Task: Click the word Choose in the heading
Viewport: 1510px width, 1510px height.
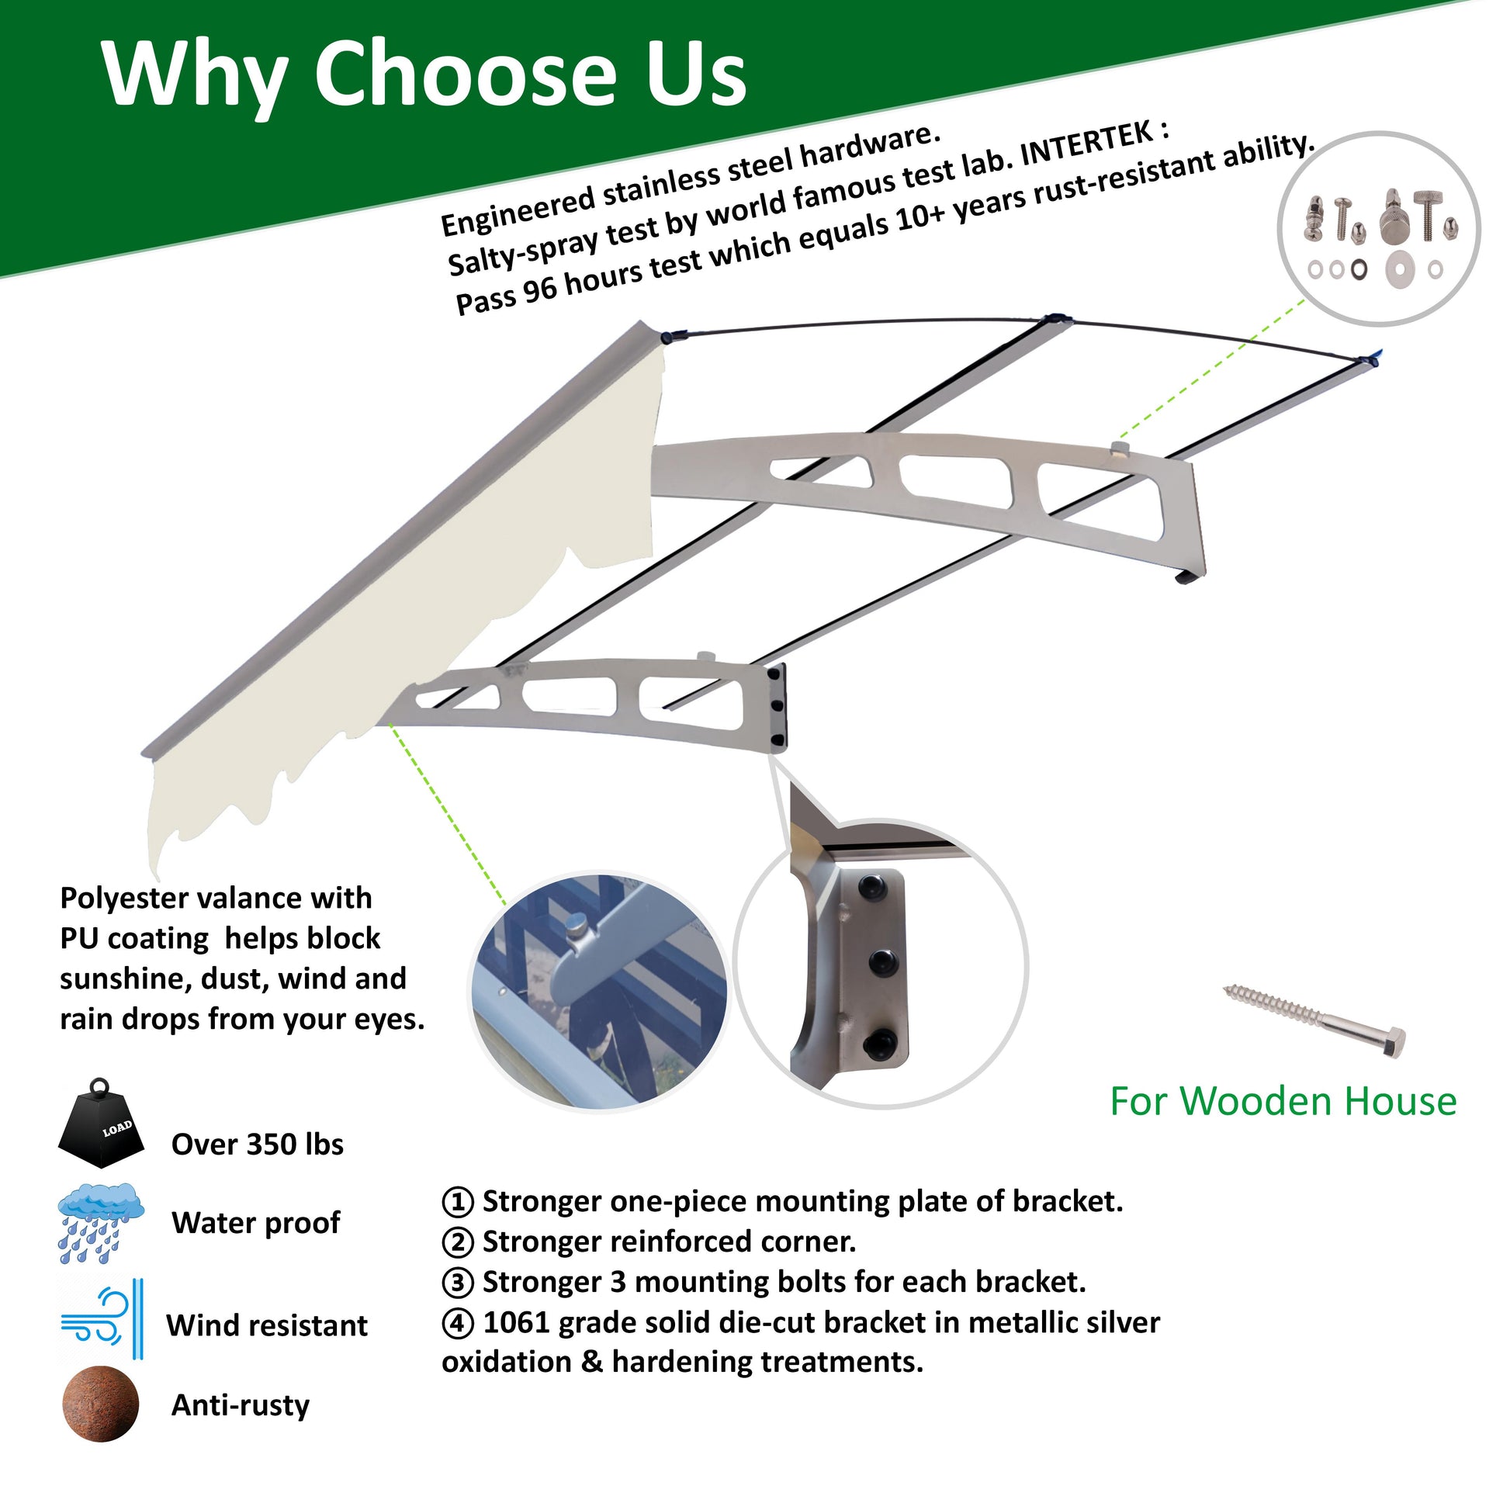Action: [464, 74]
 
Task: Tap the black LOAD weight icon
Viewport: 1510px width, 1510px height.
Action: [101, 1125]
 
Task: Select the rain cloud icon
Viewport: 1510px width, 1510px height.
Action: [101, 1223]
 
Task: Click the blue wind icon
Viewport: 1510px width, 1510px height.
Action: [102, 1319]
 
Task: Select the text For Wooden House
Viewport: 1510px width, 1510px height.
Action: [1283, 1101]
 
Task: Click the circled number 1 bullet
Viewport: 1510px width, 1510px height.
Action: [457, 1202]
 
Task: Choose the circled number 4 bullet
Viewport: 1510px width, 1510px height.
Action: [457, 1323]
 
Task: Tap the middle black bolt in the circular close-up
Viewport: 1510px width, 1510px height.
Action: [881, 964]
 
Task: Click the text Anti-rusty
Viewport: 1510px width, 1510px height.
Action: [240, 1405]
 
